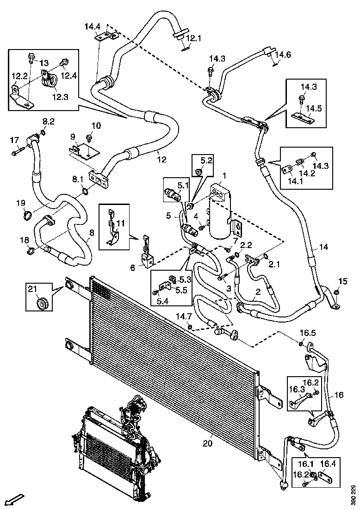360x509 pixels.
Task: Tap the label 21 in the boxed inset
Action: pos(32,289)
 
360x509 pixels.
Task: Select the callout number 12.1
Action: pos(193,38)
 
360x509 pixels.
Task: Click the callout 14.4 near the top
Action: pos(92,27)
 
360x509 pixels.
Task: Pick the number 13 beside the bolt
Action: pos(43,62)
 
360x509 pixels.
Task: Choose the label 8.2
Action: pos(49,121)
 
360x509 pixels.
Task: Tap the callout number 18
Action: pos(24,240)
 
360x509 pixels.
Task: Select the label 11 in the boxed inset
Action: pos(121,223)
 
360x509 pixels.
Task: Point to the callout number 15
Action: pos(342,281)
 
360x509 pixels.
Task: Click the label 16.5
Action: pos(308,333)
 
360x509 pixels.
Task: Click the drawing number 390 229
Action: pos(354,494)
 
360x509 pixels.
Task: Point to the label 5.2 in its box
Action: pos(206,161)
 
